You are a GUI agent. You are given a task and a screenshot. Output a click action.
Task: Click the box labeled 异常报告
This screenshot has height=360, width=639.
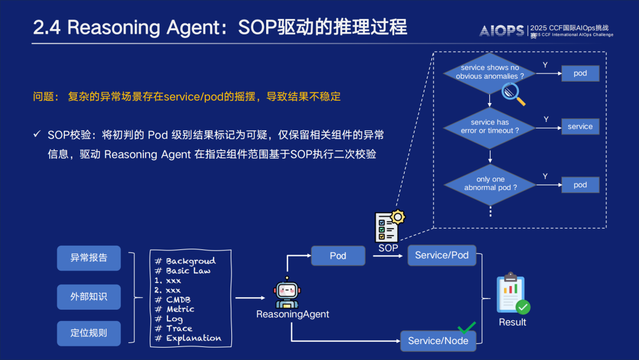point(89,258)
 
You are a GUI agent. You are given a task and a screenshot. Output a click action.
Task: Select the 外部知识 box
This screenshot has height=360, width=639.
point(89,297)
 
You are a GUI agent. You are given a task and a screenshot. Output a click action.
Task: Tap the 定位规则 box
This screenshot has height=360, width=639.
point(89,333)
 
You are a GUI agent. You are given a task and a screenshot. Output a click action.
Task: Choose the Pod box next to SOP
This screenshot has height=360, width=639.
point(338,256)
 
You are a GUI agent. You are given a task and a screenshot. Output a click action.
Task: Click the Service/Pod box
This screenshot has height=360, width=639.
point(441,255)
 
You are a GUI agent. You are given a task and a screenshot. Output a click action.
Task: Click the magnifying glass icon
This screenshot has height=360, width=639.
point(513,94)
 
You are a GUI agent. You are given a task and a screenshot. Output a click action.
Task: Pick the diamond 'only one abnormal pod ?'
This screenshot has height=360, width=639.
point(490,184)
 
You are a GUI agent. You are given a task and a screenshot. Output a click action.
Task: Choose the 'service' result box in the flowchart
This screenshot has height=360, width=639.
point(580,127)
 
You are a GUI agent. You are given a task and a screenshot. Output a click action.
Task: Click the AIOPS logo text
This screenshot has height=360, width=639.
point(502,31)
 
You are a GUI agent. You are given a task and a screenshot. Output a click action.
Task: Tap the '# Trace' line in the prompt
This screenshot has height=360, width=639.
point(173,329)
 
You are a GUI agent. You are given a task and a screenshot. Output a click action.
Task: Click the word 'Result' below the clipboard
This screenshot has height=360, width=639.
point(512,322)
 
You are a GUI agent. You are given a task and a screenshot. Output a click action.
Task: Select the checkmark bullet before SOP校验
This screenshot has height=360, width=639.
point(37,134)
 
